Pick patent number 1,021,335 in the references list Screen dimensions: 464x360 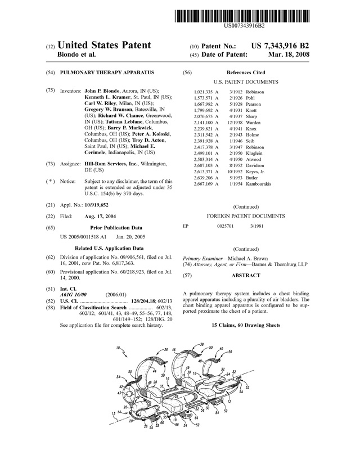click(x=202, y=92)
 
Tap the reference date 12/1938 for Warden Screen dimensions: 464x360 click(x=235, y=122)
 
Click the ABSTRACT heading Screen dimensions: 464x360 click(x=246, y=276)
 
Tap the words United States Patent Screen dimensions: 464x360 click(x=104, y=45)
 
